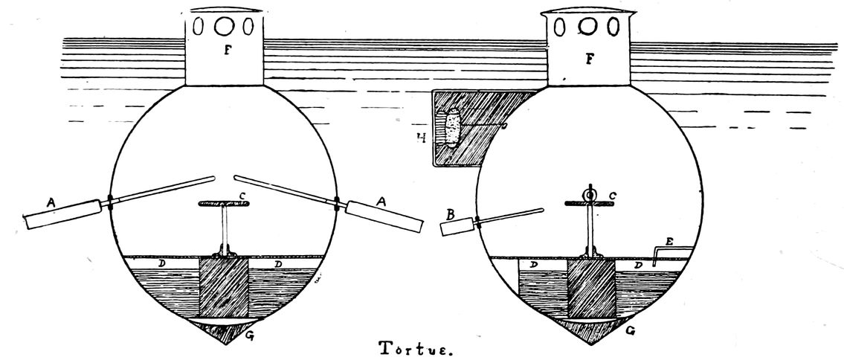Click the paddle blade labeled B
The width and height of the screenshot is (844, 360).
point(457,225)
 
